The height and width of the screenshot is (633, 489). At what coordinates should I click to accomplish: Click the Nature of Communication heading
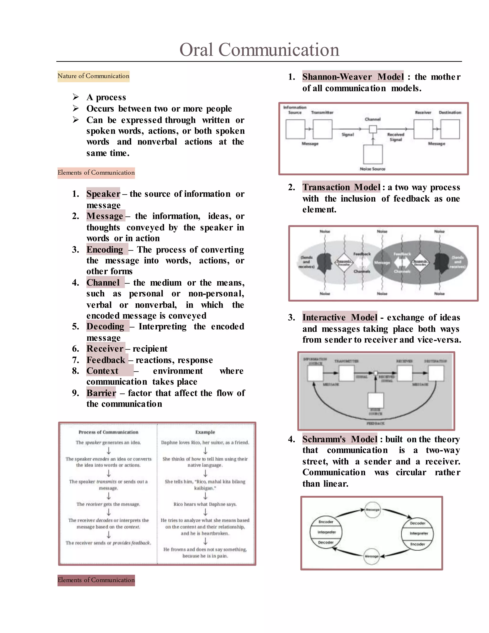click(93, 76)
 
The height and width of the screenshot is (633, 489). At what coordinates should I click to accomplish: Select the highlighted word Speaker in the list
click(103, 194)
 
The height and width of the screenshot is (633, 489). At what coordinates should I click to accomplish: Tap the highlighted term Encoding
click(105, 250)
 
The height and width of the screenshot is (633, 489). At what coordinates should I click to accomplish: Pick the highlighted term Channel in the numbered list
click(103, 283)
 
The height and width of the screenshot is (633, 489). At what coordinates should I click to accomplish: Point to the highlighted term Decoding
click(105, 327)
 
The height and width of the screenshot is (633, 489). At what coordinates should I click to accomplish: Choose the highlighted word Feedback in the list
click(106, 360)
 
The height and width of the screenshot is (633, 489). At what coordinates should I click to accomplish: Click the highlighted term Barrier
click(101, 393)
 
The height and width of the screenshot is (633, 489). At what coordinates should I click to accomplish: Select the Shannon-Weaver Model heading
click(353, 77)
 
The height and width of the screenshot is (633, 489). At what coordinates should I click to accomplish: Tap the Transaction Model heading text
click(341, 187)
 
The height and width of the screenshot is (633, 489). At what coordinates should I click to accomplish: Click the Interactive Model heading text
click(340, 318)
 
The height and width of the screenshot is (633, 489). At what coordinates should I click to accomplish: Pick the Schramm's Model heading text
click(340, 439)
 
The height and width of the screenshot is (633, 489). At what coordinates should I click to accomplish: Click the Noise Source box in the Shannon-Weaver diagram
click(373, 155)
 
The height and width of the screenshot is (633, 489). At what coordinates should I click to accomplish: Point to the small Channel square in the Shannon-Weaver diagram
click(373, 129)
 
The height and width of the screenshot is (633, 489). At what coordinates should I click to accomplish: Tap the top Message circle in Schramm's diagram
click(372, 510)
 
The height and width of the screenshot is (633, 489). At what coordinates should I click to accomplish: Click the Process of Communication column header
click(108, 432)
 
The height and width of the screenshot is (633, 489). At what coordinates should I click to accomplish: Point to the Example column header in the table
click(205, 432)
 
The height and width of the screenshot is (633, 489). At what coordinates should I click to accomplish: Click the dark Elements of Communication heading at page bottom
click(96, 580)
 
